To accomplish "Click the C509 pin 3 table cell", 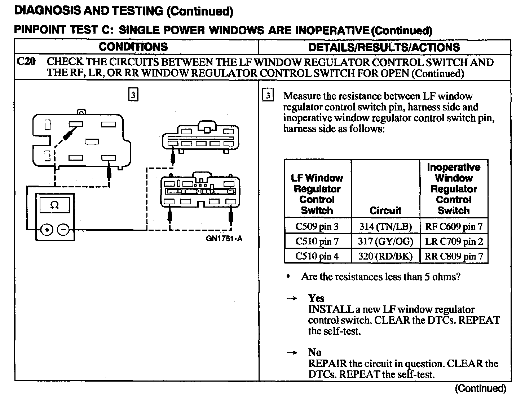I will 317,227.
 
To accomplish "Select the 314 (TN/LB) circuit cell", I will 385,227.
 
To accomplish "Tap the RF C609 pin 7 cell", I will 454,227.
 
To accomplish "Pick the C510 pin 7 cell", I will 317,241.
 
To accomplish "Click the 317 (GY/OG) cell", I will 385,241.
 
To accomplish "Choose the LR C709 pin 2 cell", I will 454,241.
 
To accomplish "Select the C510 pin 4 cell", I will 317,256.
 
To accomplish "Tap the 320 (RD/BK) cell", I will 385,256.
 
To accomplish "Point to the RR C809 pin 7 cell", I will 454,256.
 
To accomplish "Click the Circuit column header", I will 385,210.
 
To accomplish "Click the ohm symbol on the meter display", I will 54,205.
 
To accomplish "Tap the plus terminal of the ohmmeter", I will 47,229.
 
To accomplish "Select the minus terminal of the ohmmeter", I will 63,229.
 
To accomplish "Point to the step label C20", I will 26,62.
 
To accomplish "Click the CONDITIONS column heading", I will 133,47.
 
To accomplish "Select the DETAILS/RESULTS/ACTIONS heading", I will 384,47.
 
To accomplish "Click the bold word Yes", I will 316,298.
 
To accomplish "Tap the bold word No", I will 314,352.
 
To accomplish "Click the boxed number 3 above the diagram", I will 133,95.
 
